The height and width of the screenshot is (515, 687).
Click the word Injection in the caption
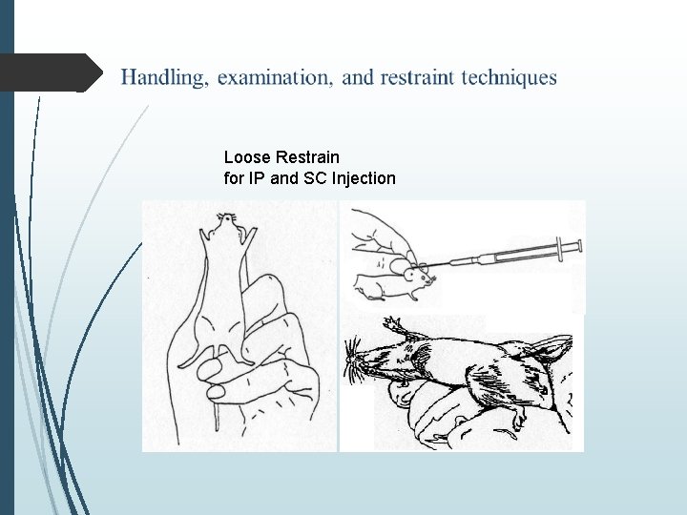(x=364, y=177)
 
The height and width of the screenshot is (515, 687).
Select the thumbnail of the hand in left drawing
(x=217, y=390)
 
